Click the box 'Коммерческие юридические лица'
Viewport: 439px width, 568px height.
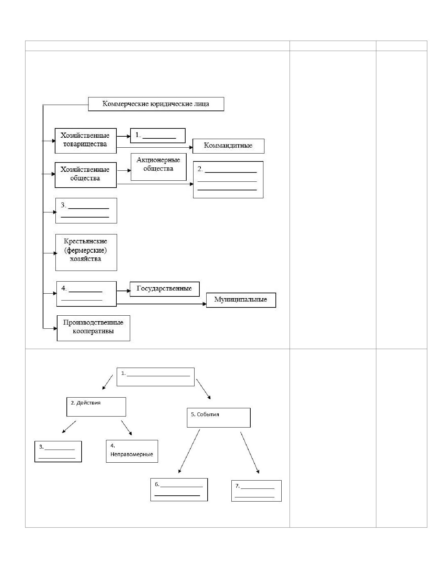click(x=156, y=104)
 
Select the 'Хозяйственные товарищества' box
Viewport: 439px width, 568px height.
click(x=85, y=141)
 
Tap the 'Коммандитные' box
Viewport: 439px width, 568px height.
click(x=228, y=146)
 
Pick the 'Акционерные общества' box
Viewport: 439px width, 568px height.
click(x=158, y=167)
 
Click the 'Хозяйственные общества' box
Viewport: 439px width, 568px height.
click(x=85, y=175)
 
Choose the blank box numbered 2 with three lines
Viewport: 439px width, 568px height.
click(x=228, y=180)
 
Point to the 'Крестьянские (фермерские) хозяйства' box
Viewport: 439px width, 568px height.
click(x=86, y=252)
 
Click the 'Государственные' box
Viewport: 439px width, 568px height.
click(x=165, y=289)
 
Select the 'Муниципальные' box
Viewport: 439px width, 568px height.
click(x=241, y=300)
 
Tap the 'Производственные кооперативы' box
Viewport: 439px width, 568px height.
click(x=93, y=328)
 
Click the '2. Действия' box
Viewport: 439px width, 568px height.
click(x=96, y=407)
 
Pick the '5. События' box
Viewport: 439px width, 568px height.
click(x=219, y=418)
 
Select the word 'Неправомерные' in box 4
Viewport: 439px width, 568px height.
click(x=132, y=454)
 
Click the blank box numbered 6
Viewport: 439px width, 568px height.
click(x=179, y=490)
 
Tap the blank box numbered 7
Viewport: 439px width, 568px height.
click(x=256, y=491)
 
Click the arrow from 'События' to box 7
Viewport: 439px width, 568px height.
click(x=250, y=453)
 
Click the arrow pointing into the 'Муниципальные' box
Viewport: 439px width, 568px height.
click(x=161, y=304)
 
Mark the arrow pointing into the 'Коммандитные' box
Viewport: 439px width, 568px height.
click(x=155, y=148)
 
